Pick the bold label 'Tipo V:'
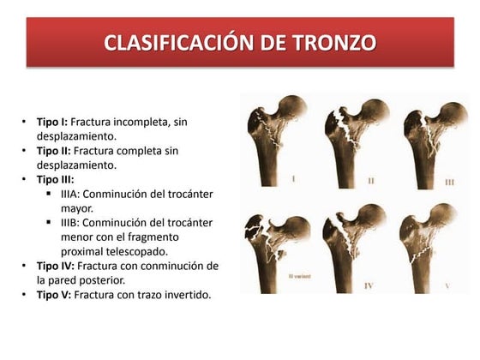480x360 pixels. click(x=53, y=295)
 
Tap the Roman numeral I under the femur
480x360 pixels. click(x=295, y=179)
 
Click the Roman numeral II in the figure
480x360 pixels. click(x=371, y=181)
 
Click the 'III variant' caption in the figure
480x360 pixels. click(x=300, y=277)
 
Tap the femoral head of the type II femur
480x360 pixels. click(x=370, y=112)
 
